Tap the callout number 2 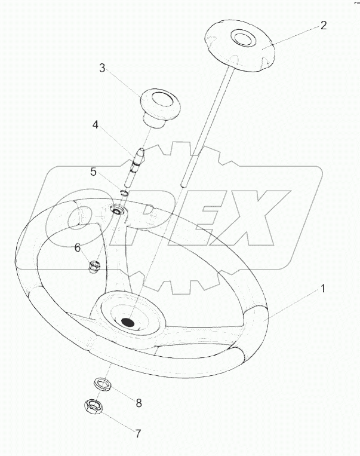(x=324, y=25)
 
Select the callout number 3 (x=102, y=68)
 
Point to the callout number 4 (x=96, y=125)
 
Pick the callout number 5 (x=93, y=172)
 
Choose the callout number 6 (x=77, y=248)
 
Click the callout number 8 (x=139, y=403)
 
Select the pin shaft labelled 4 (x=134, y=168)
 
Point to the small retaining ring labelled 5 (x=124, y=192)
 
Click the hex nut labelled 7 (x=93, y=406)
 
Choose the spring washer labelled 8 (x=103, y=384)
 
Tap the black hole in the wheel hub (x=128, y=322)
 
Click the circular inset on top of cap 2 (x=243, y=38)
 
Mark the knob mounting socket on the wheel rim (x=118, y=210)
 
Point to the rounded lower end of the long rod (x=183, y=185)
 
